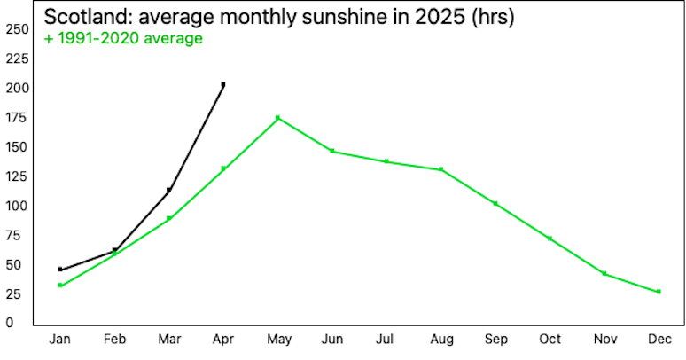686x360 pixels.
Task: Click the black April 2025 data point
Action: (x=223, y=84)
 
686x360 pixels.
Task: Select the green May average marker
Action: (x=277, y=118)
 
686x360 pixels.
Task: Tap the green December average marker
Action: (x=659, y=292)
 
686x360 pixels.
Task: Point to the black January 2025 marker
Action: (x=60, y=270)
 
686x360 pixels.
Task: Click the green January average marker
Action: (x=60, y=286)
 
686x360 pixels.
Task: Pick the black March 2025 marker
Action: (x=169, y=190)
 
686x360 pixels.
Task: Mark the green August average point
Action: (x=441, y=169)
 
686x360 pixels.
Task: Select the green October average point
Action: (x=550, y=239)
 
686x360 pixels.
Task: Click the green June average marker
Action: (x=332, y=151)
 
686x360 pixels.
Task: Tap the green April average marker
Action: (x=223, y=168)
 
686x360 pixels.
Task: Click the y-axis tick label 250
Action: (x=17, y=29)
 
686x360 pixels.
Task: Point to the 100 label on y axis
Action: (x=17, y=206)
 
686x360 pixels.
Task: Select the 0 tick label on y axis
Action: (x=9, y=324)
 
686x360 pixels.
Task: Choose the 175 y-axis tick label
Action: (x=17, y=118)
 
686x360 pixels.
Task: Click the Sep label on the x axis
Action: (x=496, y=340)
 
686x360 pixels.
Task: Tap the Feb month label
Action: (x=114, y=340)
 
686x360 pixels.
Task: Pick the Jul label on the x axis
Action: (x=385, y=340)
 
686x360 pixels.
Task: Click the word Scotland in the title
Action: (x=87, y=17)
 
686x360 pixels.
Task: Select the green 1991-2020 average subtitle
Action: (x=123, y=38)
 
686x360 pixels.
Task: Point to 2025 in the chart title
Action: (x=440, y=17)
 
